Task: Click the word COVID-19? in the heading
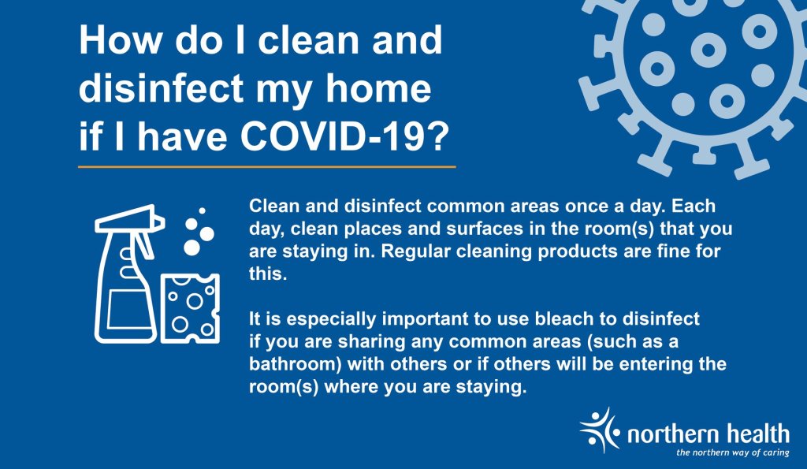(345, 136)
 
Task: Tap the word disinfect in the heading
(161, 88)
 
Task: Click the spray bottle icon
(130, 274)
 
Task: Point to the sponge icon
(190, 308)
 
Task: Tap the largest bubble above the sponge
(192, 248)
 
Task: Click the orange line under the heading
(267, 167)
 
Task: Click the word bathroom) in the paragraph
(296, 364)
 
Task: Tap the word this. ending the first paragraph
(268, 274)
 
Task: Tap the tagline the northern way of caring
(732, 452)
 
